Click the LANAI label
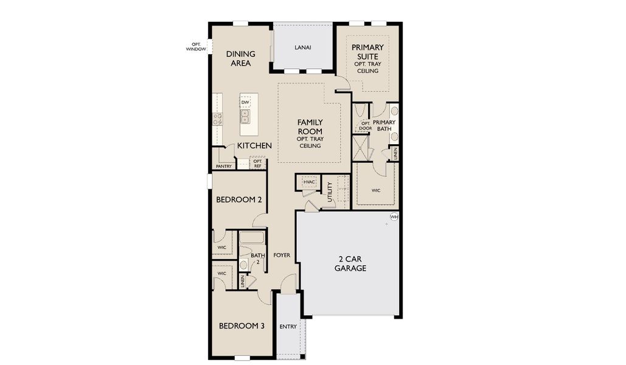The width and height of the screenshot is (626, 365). click(302, 48)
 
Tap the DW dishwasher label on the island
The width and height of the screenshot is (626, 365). click(245, 102)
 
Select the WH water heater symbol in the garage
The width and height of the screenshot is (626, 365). click(394, 217)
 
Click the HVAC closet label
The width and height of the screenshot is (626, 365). click(308, 182)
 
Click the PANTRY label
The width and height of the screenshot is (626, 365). click(223, 166)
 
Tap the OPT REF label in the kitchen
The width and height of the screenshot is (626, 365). click(257, 164)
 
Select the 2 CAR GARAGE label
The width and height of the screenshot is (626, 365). click(350, 263)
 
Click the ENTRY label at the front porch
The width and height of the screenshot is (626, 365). click(288, 327)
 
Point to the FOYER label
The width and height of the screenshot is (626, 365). click(281, 254)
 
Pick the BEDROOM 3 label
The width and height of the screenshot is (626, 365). click(242, 326)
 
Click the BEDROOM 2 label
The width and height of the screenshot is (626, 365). click(238, 200)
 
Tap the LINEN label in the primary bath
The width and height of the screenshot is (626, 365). click(395, 153)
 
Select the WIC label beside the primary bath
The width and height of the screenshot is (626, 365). click(376, 190)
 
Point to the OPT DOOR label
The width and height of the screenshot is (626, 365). click(365, 126)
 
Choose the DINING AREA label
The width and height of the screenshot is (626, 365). click(240, 58)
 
